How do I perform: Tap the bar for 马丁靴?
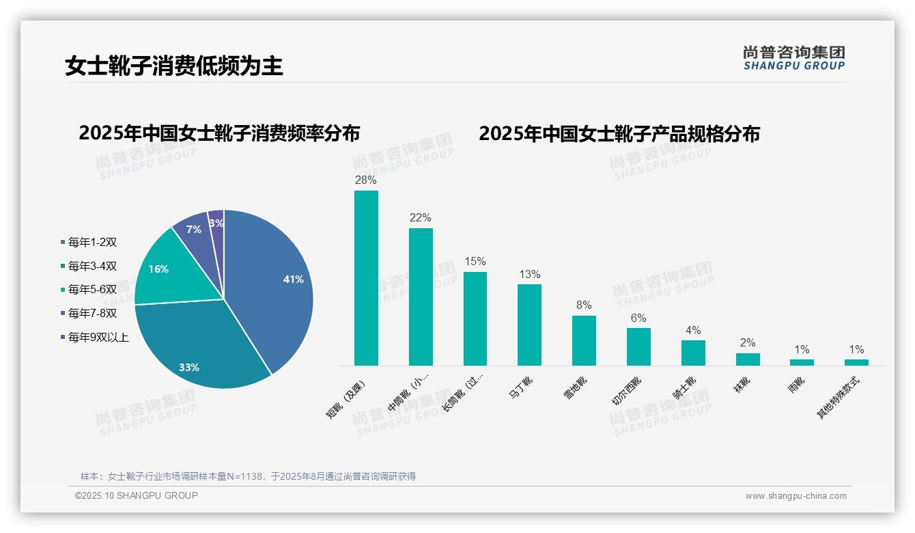click(529, 325)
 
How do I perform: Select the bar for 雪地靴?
click(584, 340)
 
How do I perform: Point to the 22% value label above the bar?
click(420, 218)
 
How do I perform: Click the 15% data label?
click(475, 262)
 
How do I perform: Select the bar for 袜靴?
click(748, 359)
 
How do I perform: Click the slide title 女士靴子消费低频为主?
click(174, 66)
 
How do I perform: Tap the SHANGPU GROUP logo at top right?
click(793, 58)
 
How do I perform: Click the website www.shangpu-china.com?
click(796, 496)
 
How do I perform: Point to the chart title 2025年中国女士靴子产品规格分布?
click(619, 134)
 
